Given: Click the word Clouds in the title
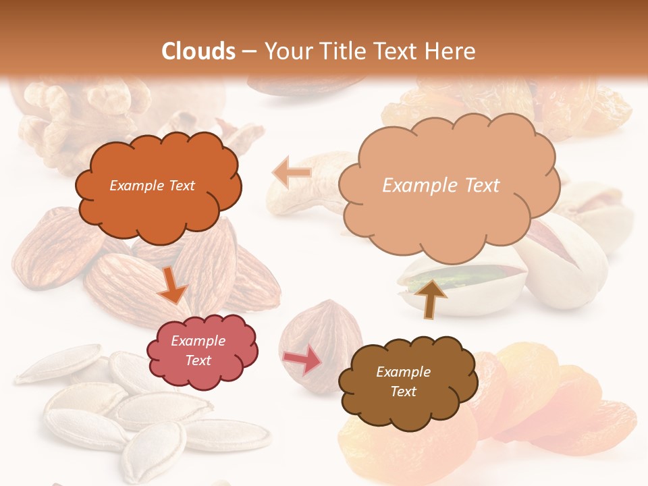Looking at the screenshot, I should [x=199, y=51].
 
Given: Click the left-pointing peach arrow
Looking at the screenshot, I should [x=292, y=173].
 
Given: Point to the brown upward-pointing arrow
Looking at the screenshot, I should [x=430, y=298].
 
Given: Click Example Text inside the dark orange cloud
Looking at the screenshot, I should [x=152, y=186].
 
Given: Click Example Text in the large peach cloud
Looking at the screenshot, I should [x=441, y=186].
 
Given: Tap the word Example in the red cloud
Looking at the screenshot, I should [x=198, y=341].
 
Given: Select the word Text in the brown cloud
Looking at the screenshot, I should [x=404, y=391].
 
